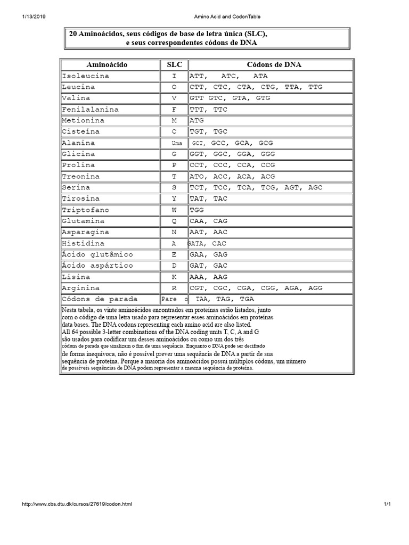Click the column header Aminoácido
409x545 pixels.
(109, 65)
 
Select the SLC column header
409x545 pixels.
(174, 65)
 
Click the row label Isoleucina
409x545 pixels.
(86, 76)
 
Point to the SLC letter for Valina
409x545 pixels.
(174, 98)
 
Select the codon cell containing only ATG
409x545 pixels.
(197, 121)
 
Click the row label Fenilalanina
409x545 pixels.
(90, 110)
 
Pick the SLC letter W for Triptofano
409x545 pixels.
(174, 210)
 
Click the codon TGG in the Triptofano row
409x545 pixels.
(197, 210)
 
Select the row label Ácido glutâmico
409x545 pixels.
(97, 254)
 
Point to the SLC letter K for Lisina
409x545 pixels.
(174, 277)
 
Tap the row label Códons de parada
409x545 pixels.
(100, 299)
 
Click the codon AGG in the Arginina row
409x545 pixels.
(316, 288)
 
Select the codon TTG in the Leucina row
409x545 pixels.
(316, 87)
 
